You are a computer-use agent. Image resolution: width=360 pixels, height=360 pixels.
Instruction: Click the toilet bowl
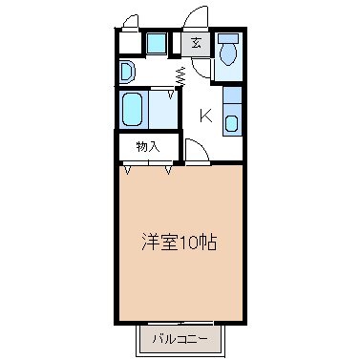[228, 53]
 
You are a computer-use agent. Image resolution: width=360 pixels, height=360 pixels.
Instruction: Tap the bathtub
[132, 109]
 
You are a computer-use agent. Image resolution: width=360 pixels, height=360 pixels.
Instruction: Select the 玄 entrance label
[196, 42]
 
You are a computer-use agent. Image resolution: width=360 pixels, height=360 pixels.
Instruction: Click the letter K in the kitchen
[205, 116]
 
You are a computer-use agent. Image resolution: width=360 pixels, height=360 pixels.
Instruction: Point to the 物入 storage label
[147, 147]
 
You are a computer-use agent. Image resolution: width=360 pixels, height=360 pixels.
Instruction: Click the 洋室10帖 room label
[180, 243]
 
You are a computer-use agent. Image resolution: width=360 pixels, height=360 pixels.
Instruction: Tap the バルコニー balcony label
[180, 339]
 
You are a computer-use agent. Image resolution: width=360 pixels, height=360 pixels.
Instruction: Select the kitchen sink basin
[231, 123]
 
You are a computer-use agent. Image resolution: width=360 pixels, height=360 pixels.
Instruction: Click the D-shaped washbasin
[127, 72]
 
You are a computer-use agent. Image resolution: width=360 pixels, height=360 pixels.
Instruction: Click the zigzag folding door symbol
[181, 76]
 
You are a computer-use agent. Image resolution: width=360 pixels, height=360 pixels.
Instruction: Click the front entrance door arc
[195, 18]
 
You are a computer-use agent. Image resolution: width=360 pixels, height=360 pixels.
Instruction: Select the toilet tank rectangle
[228, 38]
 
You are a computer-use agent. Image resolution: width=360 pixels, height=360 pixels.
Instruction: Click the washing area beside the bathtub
[162, 110]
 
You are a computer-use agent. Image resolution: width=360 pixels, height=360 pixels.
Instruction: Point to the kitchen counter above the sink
[232, 95]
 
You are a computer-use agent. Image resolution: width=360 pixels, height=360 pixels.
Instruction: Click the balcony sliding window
[180, 323]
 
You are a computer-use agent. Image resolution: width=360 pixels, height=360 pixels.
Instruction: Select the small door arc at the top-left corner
[131, 20]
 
